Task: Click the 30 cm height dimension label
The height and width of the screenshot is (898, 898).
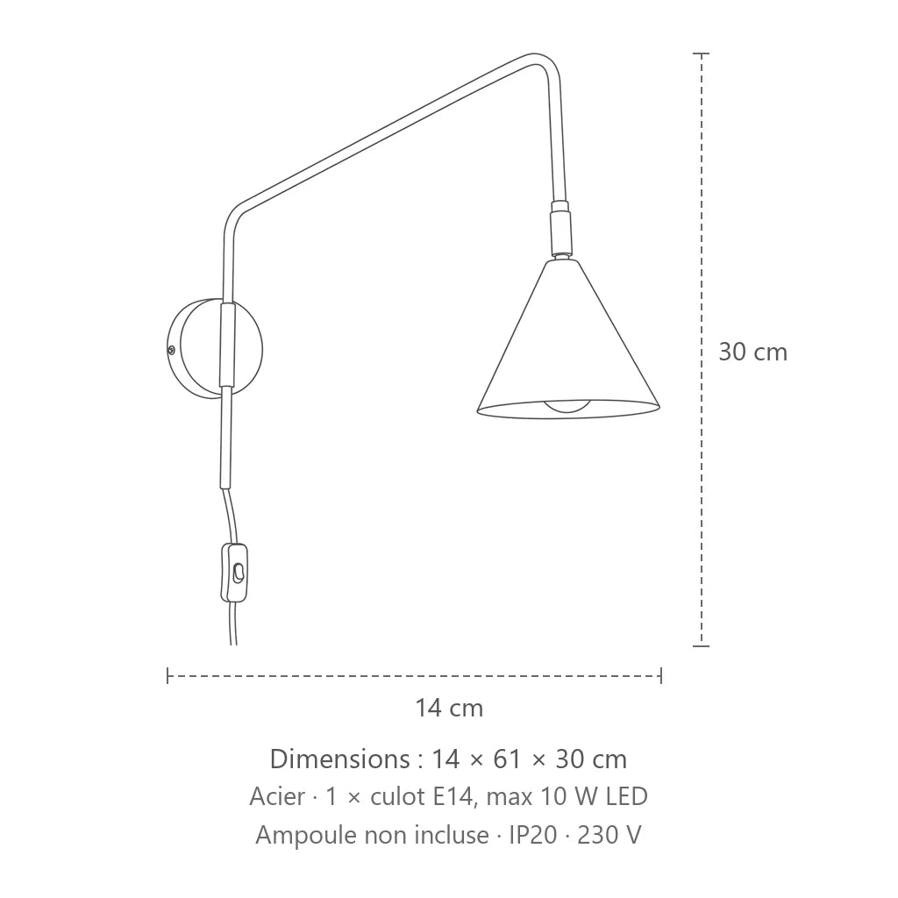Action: click(752, 352)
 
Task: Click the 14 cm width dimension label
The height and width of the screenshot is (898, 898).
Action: click(449, 708)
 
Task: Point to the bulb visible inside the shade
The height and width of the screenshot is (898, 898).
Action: click(567, 407)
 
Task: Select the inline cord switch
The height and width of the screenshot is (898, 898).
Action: click(234, 573)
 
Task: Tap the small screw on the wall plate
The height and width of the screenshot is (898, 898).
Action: click(171, 349)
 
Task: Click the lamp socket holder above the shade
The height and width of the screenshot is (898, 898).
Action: click(560, 229)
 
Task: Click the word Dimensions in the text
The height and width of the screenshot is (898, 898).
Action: click(339, 759)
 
